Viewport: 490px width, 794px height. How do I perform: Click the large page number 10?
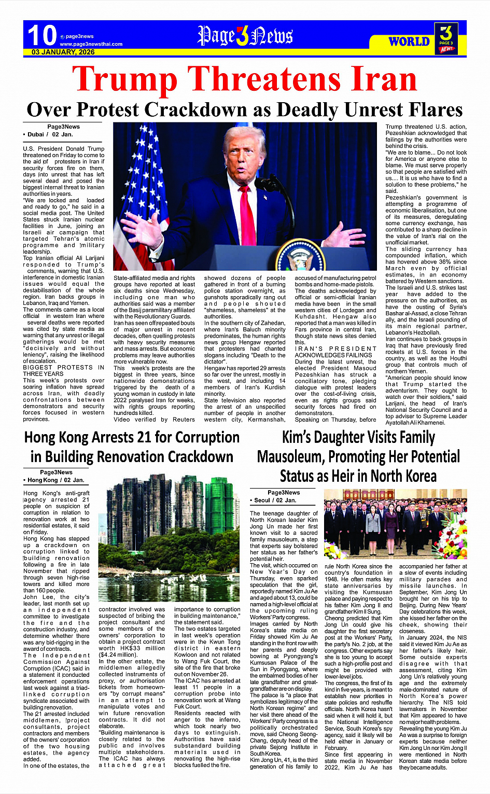coord(41,35)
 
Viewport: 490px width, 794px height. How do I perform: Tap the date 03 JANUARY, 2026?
coord(63,52)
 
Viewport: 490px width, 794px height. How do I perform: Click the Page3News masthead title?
coord(245,36)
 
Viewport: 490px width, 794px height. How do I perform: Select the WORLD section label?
coord(409,41)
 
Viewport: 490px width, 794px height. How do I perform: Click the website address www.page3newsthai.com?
coord(91,44)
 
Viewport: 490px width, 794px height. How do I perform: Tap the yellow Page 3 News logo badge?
coord(446,38)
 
